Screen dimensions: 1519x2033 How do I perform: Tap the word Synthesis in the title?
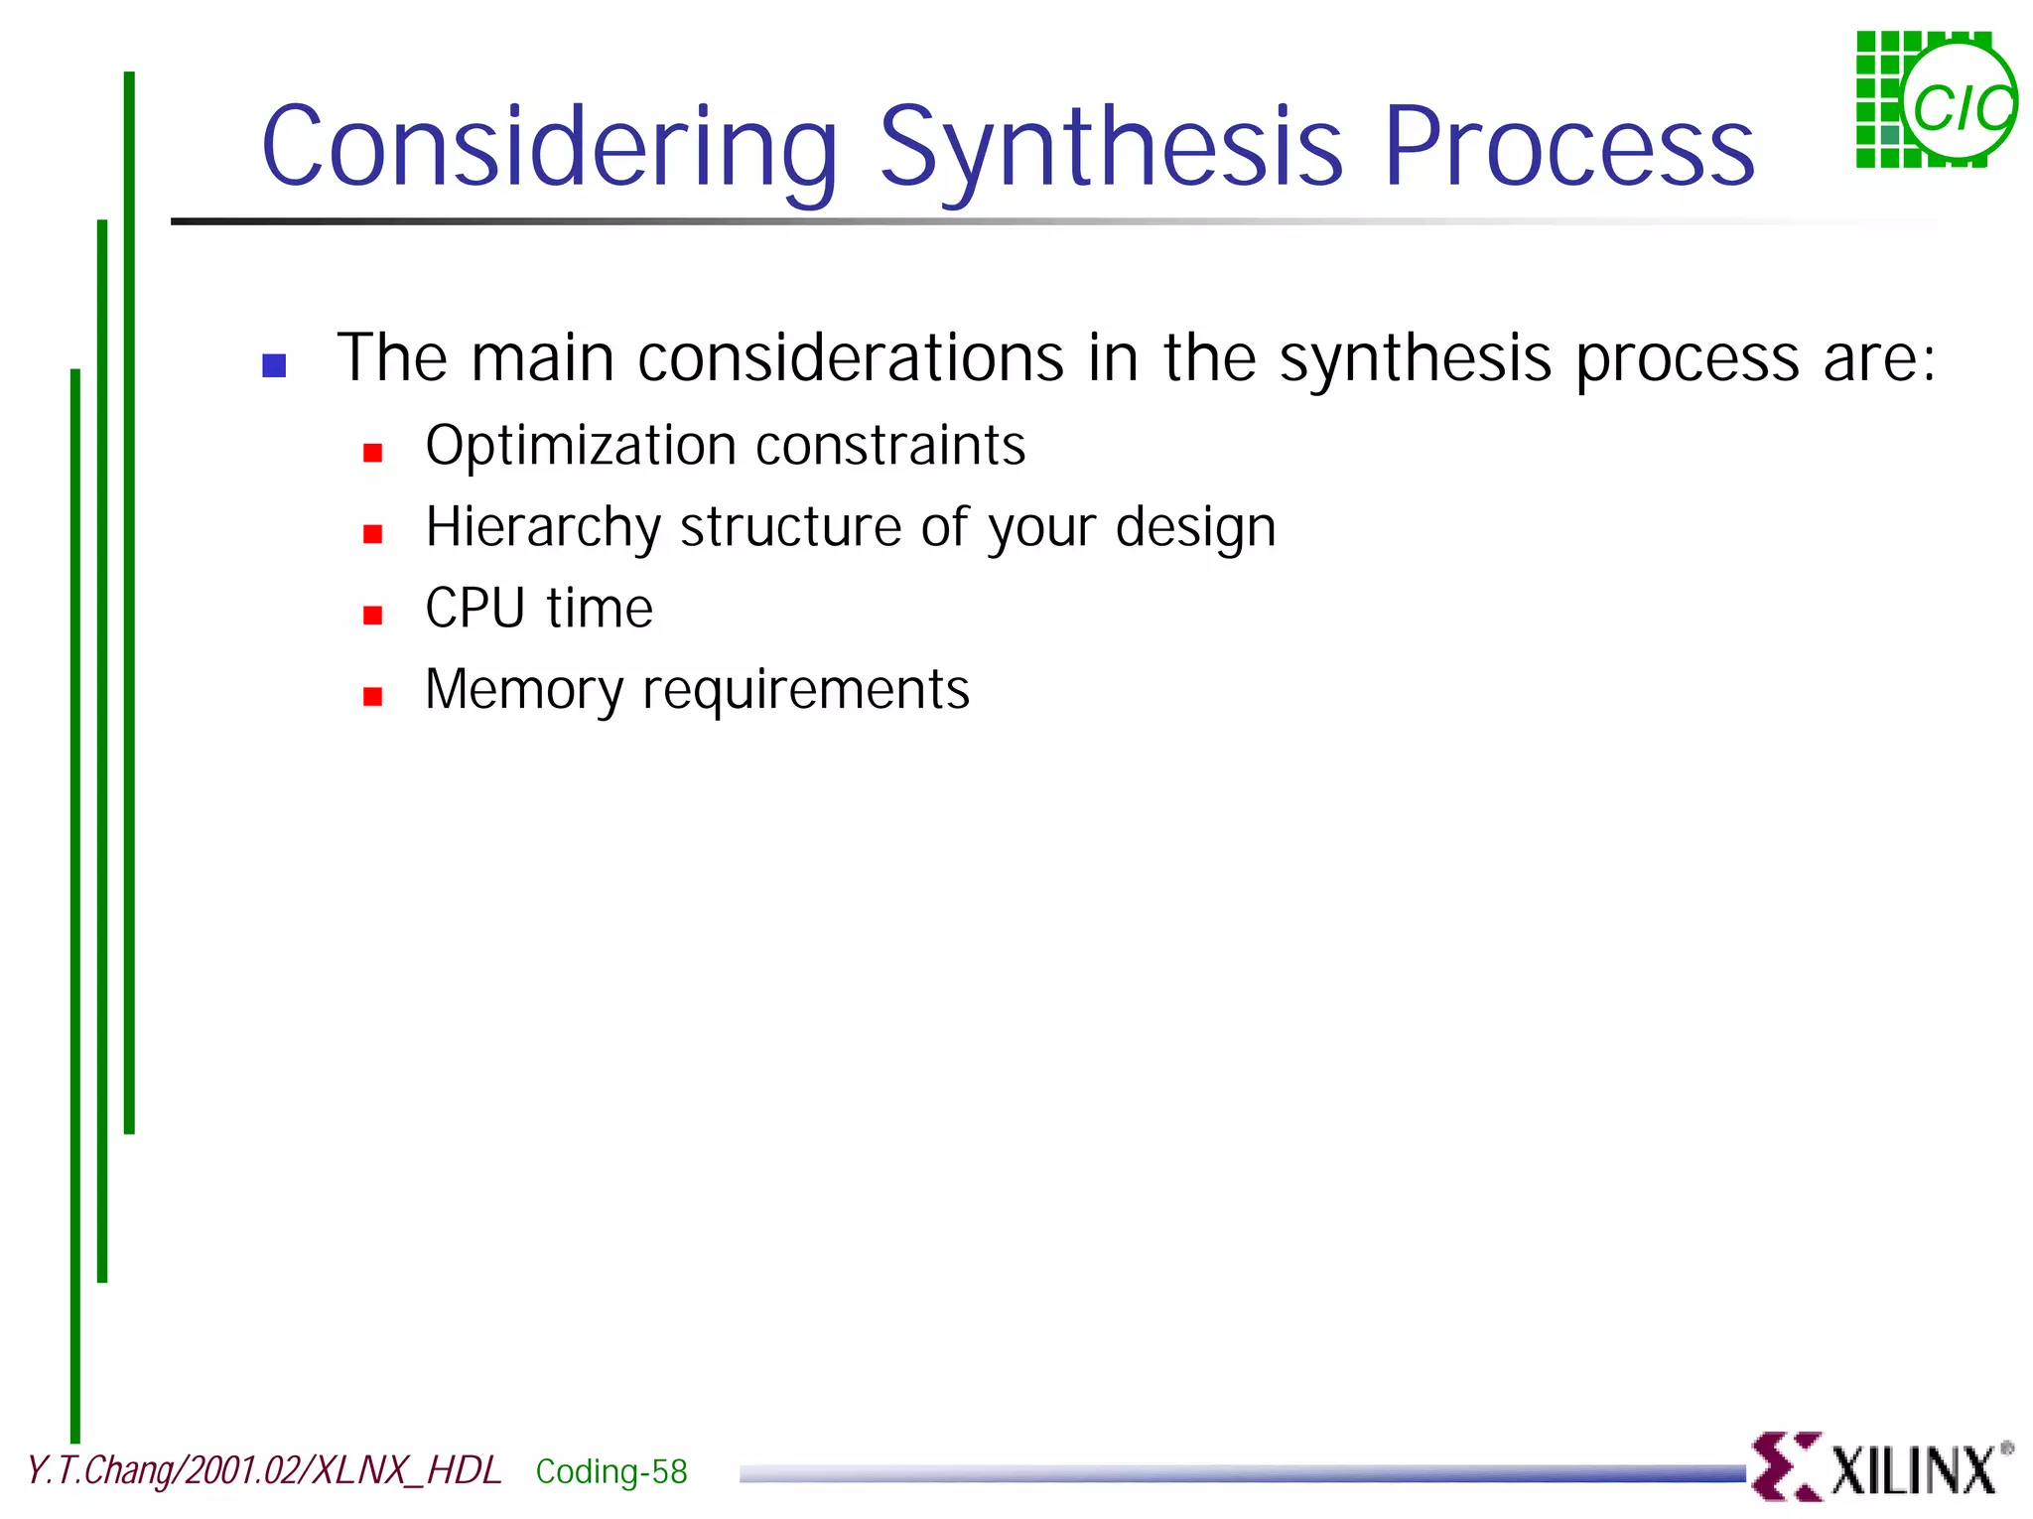pos(1112,147)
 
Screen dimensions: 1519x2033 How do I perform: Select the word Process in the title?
pos(1568,147)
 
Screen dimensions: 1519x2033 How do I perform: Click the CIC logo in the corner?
pos(1936,99)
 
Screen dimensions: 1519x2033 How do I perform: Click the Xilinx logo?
pos(1881,1466)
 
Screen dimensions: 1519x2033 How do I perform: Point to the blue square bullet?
pos(274,365)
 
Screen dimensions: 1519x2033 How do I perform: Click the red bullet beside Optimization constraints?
pos(373,453)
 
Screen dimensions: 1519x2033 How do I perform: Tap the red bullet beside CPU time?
pos(373,616)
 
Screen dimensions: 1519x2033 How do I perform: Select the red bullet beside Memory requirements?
pos(373,696)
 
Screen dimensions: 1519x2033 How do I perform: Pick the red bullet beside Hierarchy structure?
pos(373,534)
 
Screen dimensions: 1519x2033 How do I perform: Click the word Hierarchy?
pos(542,528)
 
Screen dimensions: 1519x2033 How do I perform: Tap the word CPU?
pos(474,608)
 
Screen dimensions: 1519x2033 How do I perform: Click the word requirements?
pos(806,691)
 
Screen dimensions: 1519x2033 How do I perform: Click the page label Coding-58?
pos(611,1471)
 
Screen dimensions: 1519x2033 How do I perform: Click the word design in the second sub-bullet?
pos(1195,528)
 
